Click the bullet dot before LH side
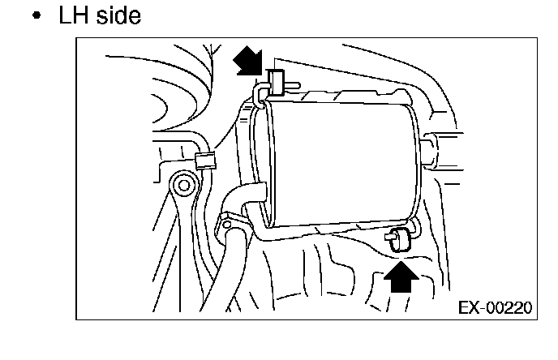point(36,17)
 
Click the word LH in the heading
point(69,15)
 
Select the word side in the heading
point(114,15)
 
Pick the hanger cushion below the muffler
point(399,240)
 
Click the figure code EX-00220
point(494,309)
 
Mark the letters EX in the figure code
point(469,309)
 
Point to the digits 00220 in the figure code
point(509,309)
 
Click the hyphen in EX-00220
point(482,310)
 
